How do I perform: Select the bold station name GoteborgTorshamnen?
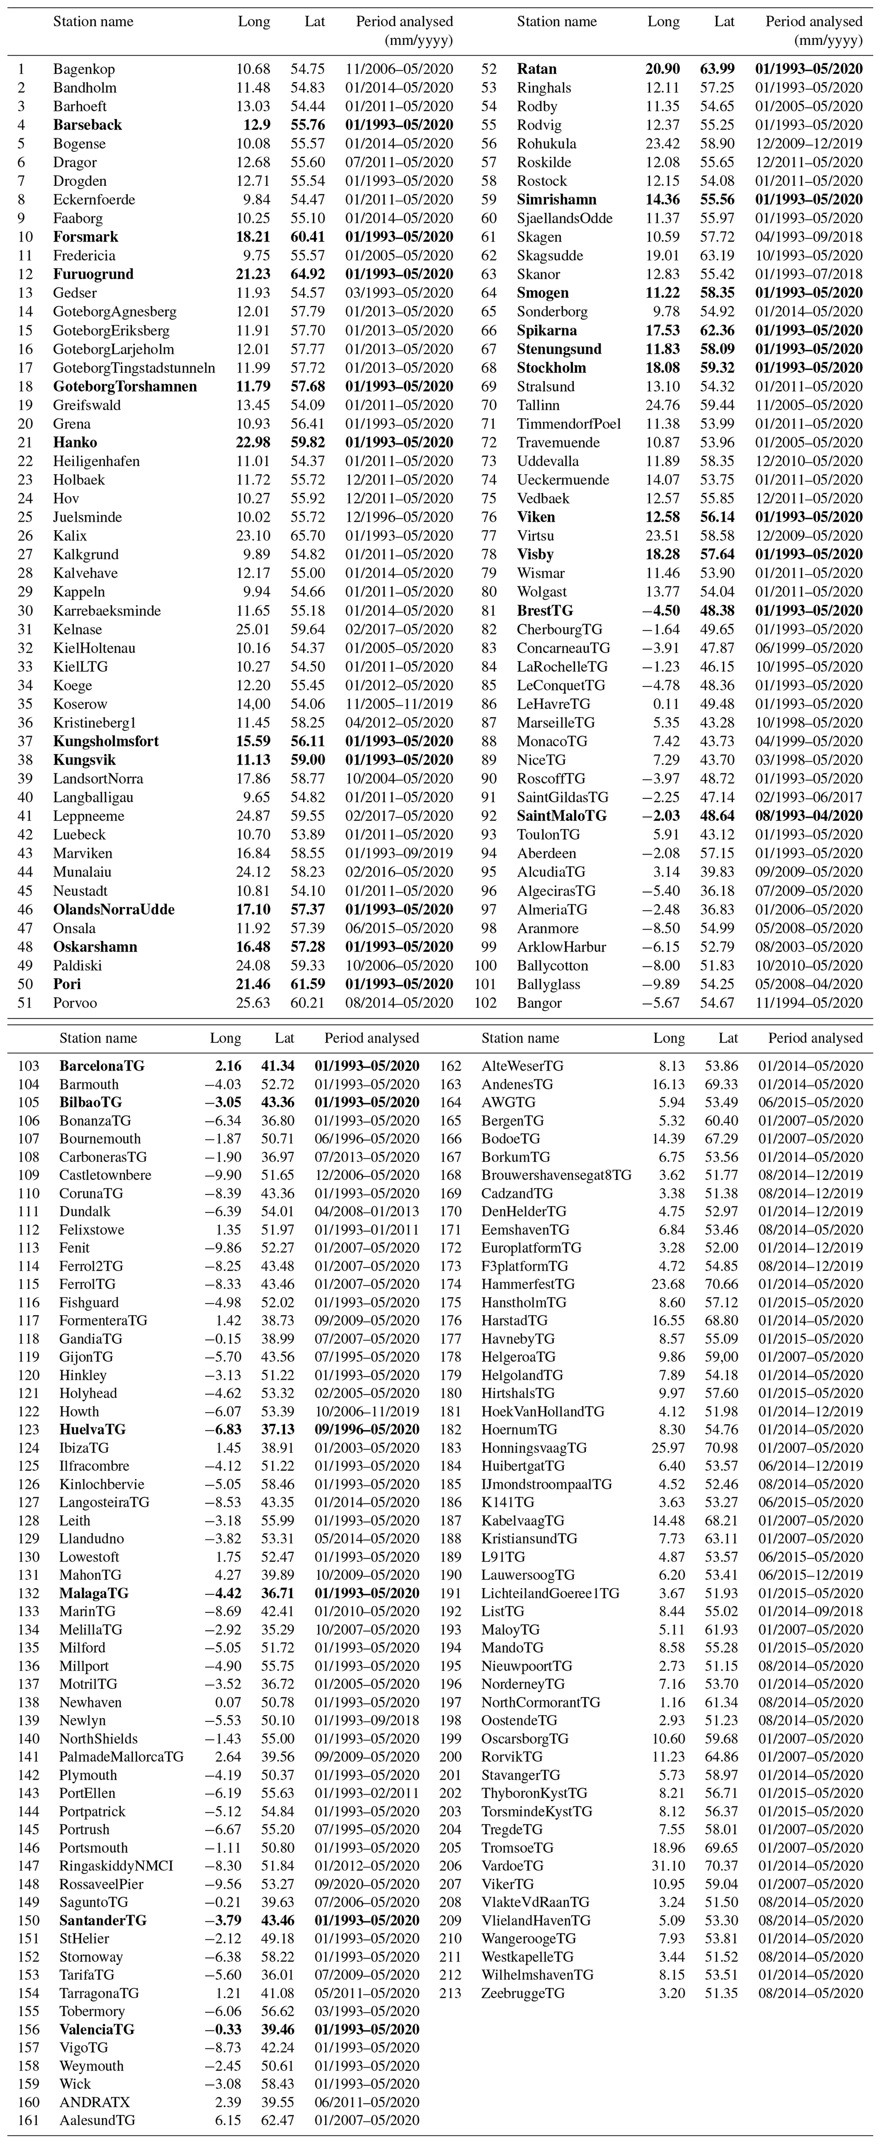coord(125,387)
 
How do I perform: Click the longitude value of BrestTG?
coord(663,611)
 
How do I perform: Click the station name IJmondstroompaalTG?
coord(546,1484)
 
